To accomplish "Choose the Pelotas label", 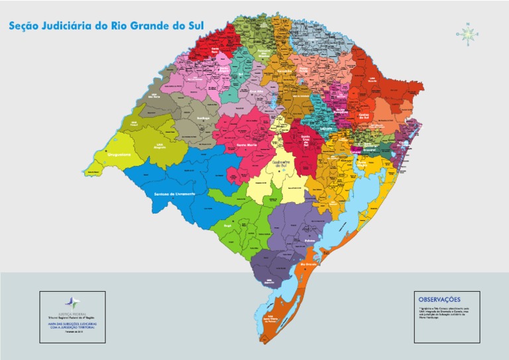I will tap(310, 241).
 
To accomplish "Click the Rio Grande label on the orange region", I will tap(310, 265).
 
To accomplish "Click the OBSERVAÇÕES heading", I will tap(439, 299).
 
